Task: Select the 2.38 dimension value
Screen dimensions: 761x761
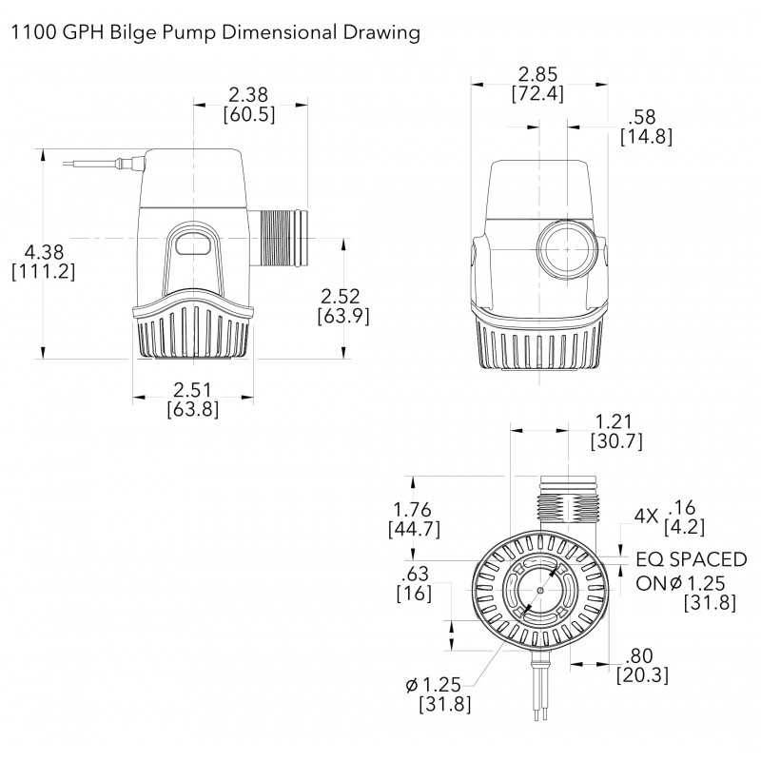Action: point(249,95)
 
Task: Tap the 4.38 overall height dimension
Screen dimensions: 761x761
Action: point(44,252)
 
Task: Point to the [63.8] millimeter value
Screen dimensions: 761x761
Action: point(193,409)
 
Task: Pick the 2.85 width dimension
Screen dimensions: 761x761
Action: point(537,74)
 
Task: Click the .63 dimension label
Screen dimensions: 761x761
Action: point(415,574)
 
